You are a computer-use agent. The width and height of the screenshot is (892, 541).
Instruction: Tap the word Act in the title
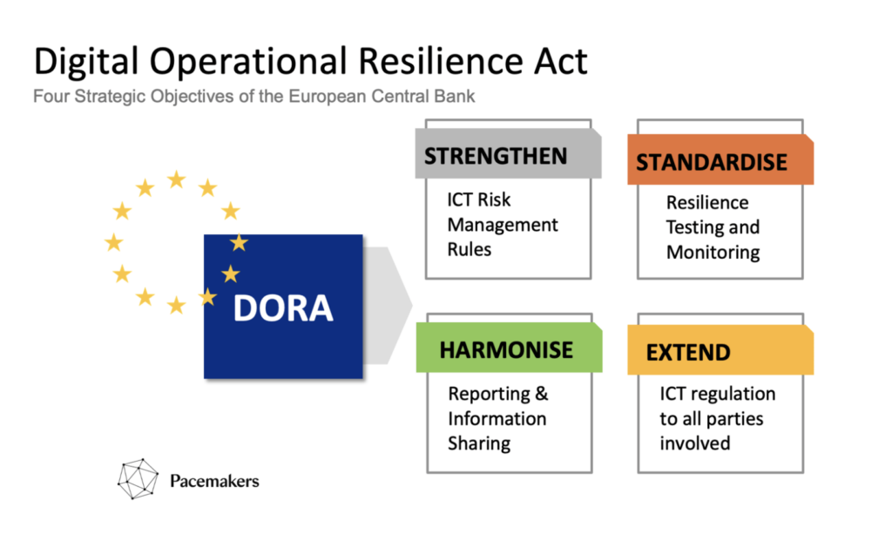[x=561, y=61]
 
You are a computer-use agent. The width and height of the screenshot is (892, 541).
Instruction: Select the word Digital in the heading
[x=86, y=62]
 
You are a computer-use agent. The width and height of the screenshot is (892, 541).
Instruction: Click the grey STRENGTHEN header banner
[x=508, y=153]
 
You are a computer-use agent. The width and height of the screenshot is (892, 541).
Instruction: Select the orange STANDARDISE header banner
[x=720, y=159]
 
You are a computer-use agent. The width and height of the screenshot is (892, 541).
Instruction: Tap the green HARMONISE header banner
[x=509, y=348]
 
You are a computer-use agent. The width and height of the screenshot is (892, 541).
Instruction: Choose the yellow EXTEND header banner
[x=720, y=350]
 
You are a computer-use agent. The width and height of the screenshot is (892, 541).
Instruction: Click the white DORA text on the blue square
[x=283, y=308]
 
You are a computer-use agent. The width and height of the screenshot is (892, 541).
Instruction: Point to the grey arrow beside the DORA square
[x=388, y=306]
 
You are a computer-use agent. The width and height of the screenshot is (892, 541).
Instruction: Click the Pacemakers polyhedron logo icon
[x=138, y=479]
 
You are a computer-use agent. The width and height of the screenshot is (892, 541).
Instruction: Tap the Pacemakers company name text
[x=214, y=481]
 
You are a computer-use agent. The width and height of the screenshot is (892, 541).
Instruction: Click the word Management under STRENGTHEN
[x=503, y=226]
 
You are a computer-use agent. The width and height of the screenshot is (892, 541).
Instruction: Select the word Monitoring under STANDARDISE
[x=713, y=253]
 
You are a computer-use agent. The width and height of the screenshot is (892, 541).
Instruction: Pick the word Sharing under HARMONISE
[x=479, y=443]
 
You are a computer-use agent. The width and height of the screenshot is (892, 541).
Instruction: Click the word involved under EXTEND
[x=694, y=443]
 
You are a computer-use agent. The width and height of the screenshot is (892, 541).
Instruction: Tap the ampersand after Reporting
[x=542, y=393]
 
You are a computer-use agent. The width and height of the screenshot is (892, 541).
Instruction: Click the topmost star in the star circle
[x=176, y=179]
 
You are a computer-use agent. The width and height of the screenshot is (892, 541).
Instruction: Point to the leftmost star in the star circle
[x=114, y=242]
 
